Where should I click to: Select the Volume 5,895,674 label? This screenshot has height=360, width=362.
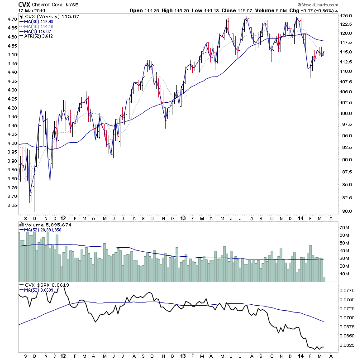[47, 224]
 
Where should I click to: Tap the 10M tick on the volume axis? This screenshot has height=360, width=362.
[345, 274]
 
